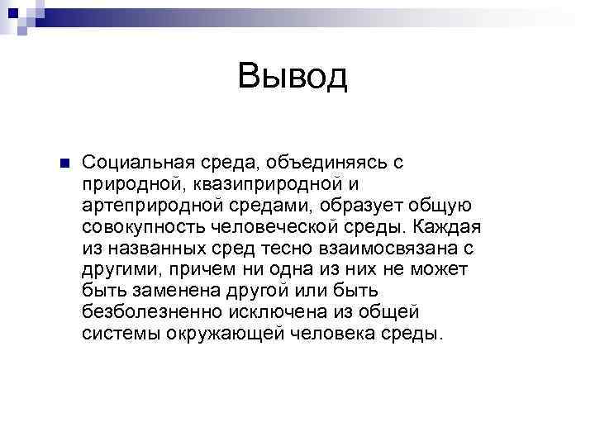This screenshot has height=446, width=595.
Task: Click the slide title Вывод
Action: (293, 77)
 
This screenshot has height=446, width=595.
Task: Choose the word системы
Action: (118, 334)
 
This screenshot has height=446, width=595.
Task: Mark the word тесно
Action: (279, 248)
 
